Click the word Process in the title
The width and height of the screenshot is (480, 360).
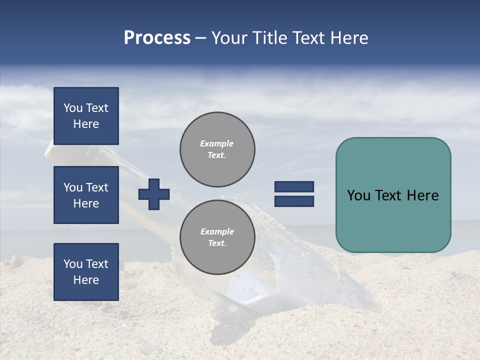[x=157, y=38]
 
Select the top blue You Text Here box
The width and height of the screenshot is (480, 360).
[x=86, y=116]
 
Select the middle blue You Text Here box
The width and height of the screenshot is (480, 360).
[x=86, y=195]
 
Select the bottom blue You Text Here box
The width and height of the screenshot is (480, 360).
[x=86, y=271]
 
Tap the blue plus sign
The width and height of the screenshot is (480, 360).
[x=154, y=194]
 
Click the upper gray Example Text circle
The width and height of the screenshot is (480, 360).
[x=217, y=149]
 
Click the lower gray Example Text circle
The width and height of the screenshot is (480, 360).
[x=217, y=237]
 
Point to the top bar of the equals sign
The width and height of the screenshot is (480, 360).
[x=294, y=186]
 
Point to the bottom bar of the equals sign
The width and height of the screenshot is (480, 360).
[x=294, y=201]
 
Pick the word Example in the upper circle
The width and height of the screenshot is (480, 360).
[x=217, y=143]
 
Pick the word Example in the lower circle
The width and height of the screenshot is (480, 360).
[x=217, y=231]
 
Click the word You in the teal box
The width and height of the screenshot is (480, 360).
[x=358, y=195]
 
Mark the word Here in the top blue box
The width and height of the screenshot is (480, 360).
[x=86, y=124]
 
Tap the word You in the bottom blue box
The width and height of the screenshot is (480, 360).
[x=73, y=263]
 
